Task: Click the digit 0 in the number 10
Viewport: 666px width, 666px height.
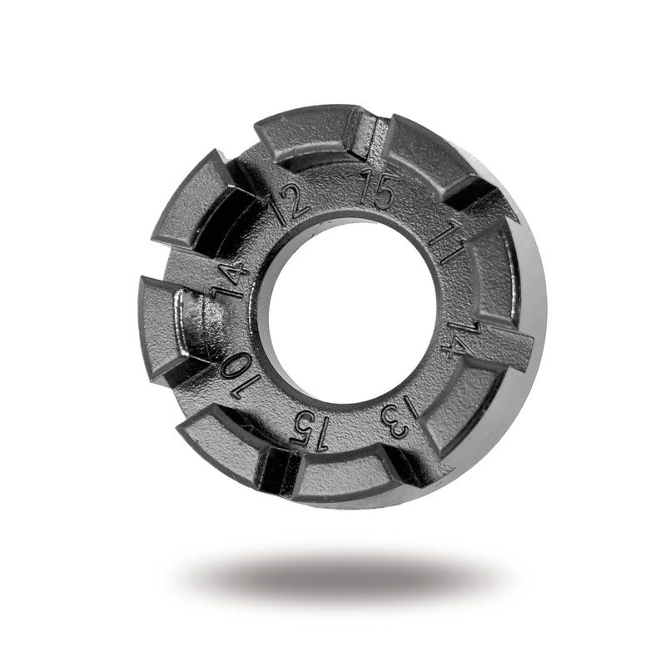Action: pos(236,367)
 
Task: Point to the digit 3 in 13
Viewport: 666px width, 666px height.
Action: pos(394,425)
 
